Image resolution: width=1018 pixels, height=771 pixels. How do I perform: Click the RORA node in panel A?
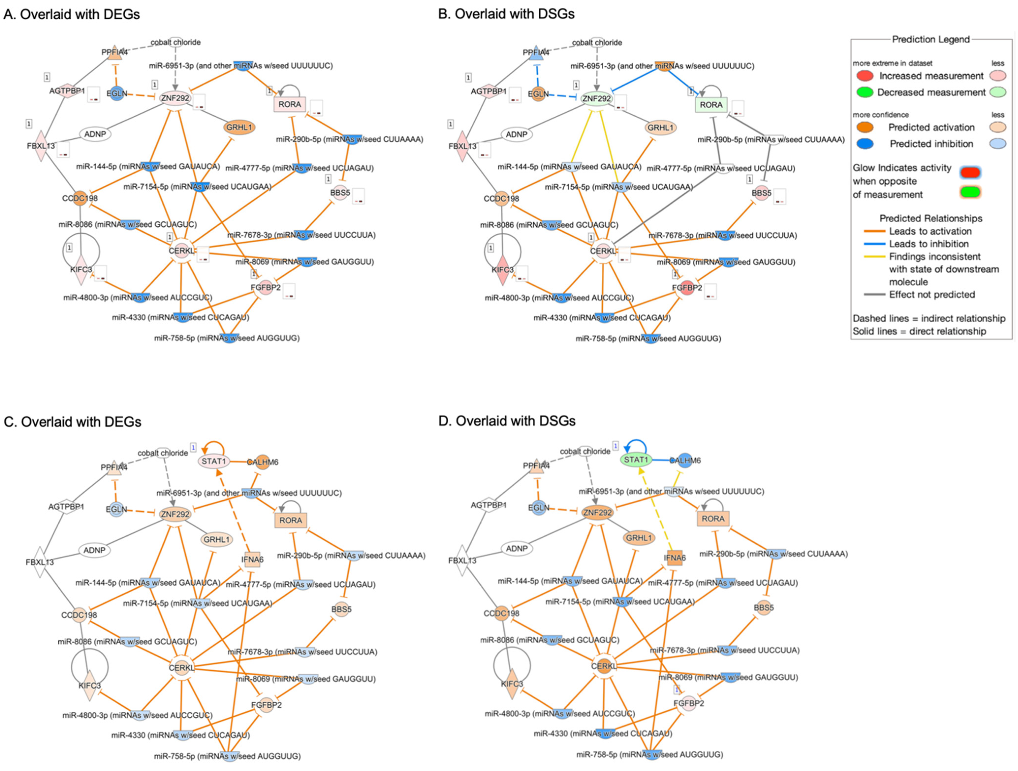289,104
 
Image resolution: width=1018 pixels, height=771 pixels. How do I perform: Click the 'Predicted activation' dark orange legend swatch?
865,127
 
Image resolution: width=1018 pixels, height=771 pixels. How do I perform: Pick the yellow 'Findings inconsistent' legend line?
874,257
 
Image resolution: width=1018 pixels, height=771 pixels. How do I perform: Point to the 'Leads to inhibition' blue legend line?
874,244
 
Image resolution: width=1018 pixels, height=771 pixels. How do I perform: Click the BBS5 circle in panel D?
764,608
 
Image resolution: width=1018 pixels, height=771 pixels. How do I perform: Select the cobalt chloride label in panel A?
175,42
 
